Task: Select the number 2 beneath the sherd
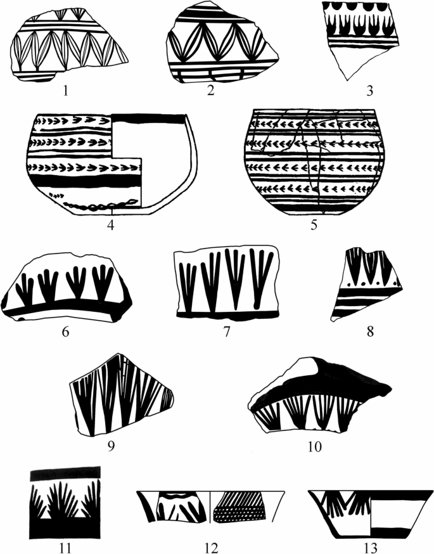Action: coord(211,91)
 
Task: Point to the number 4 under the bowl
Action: coord(112,224)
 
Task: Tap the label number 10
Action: coord(314,446)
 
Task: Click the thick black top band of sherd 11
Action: coord(65,473)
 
